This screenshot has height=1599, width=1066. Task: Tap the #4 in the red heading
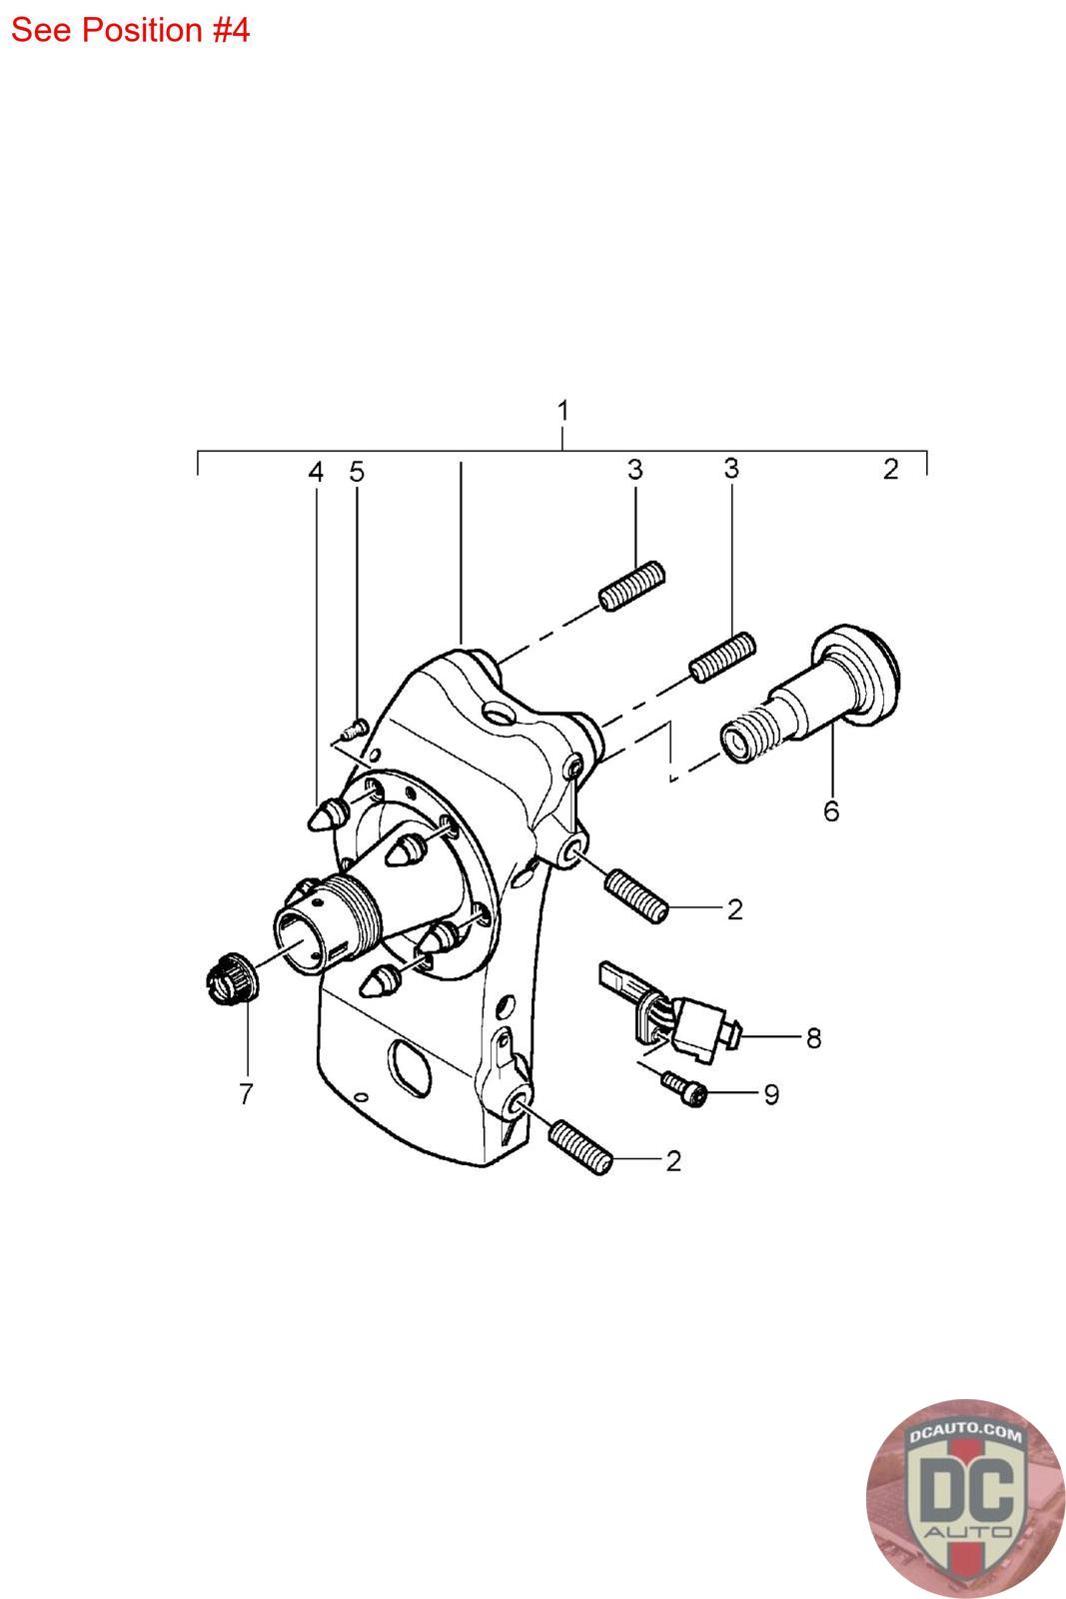coord(229,30)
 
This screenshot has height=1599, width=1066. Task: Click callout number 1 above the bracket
coord(562,411)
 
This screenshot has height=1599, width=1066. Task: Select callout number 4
coord(316,472)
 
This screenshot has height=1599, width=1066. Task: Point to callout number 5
coord(357,472)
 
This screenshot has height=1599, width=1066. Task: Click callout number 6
coord(831,810)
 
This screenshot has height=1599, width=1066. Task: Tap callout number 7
coord(246,1093)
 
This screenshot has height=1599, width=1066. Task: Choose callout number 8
coord(813,1038)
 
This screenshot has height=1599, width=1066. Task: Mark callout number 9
coord(771,1094)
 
